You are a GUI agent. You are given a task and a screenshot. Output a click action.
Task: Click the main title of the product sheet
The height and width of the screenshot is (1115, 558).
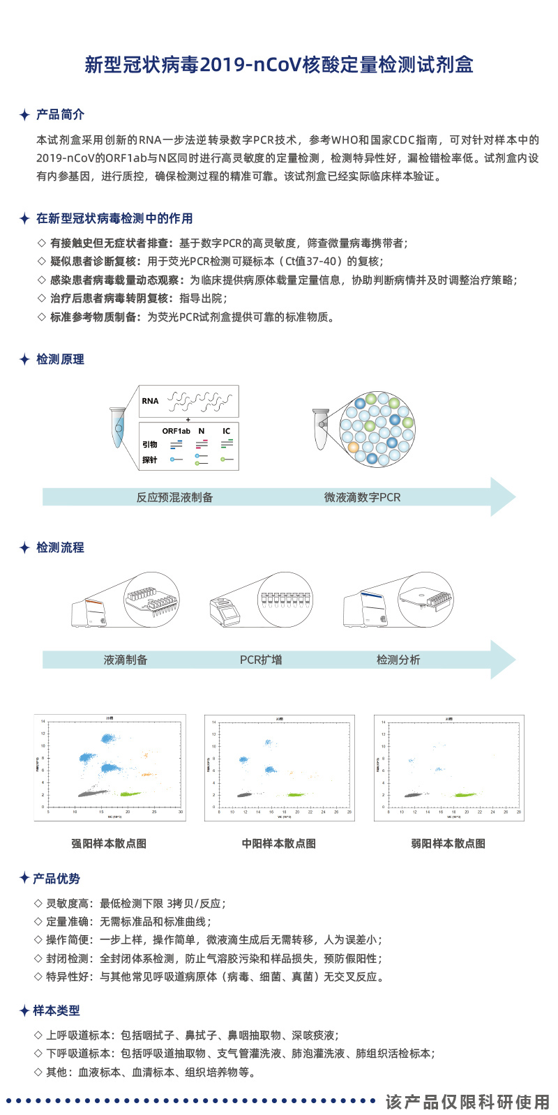279,65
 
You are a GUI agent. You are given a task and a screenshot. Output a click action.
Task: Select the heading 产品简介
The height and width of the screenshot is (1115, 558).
60,114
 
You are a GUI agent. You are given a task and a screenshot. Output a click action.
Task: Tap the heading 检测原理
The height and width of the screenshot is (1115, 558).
60,359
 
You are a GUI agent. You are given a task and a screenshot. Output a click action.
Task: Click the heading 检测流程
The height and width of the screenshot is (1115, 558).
60,547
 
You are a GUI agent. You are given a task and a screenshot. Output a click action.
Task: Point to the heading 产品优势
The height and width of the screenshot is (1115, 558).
56,879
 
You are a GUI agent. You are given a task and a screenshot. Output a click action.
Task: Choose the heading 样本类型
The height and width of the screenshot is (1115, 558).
56,1010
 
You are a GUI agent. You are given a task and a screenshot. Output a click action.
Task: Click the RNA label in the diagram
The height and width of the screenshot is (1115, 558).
150,401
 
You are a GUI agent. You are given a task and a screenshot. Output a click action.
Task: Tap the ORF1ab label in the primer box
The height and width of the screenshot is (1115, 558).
176,431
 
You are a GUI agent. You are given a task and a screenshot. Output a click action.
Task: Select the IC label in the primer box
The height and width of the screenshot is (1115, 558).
226,431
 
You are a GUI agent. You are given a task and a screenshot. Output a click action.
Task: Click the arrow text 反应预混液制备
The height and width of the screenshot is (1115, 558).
174,497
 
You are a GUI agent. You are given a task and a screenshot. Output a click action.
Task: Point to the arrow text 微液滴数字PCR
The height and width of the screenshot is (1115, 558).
362,497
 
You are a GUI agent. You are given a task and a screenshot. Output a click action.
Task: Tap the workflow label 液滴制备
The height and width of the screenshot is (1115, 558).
126,660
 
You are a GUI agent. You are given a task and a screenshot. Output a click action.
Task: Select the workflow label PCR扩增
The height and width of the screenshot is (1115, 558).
261,660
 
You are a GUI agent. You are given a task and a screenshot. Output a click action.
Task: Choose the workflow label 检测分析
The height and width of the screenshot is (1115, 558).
398,660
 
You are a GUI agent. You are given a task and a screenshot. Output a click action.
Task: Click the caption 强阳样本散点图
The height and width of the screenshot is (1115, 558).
109,843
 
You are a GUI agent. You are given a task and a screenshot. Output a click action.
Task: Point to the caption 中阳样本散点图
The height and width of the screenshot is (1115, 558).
279,843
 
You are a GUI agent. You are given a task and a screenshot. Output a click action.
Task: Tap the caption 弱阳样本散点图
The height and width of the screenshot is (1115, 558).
448,843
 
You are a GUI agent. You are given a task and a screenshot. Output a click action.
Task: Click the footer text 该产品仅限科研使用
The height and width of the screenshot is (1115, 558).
468,1102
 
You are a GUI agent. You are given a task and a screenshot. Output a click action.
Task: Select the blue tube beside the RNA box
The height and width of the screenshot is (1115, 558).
118,427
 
